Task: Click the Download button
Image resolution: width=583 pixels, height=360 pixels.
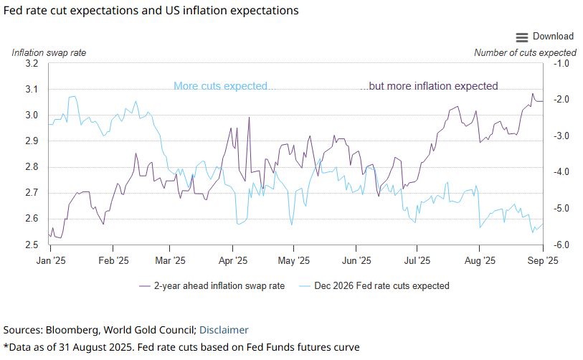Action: pos(553,37)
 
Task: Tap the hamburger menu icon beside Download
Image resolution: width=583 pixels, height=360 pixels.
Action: pos(521,37)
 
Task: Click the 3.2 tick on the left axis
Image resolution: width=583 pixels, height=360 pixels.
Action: pos(31,64)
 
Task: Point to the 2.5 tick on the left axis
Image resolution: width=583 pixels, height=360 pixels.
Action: pos(31,245)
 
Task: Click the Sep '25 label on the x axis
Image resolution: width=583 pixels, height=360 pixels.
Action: pos(542,261)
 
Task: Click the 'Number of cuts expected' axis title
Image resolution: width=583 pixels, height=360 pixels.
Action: pos(525,52)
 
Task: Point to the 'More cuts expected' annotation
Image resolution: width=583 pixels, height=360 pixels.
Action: pos(220,86)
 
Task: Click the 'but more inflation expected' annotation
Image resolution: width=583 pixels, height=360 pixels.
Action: pos(433,86)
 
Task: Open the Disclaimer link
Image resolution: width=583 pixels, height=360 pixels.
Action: pos(224,330)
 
